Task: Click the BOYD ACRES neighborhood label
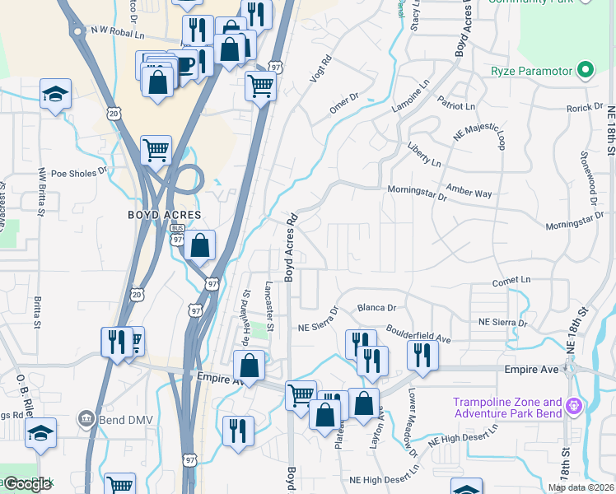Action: [165, 214]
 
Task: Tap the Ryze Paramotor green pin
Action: [586, 70]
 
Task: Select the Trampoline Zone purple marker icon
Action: [574, 406]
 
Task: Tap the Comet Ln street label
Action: [511, 280]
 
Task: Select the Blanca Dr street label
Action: [376, 308]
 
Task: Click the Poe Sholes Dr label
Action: [79, 173]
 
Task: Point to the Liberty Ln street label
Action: [424, 154]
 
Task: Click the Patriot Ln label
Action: [457, 106]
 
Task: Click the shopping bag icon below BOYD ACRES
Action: [199, 245]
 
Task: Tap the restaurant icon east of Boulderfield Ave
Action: [422, 354]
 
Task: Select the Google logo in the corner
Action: [27, 484]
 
